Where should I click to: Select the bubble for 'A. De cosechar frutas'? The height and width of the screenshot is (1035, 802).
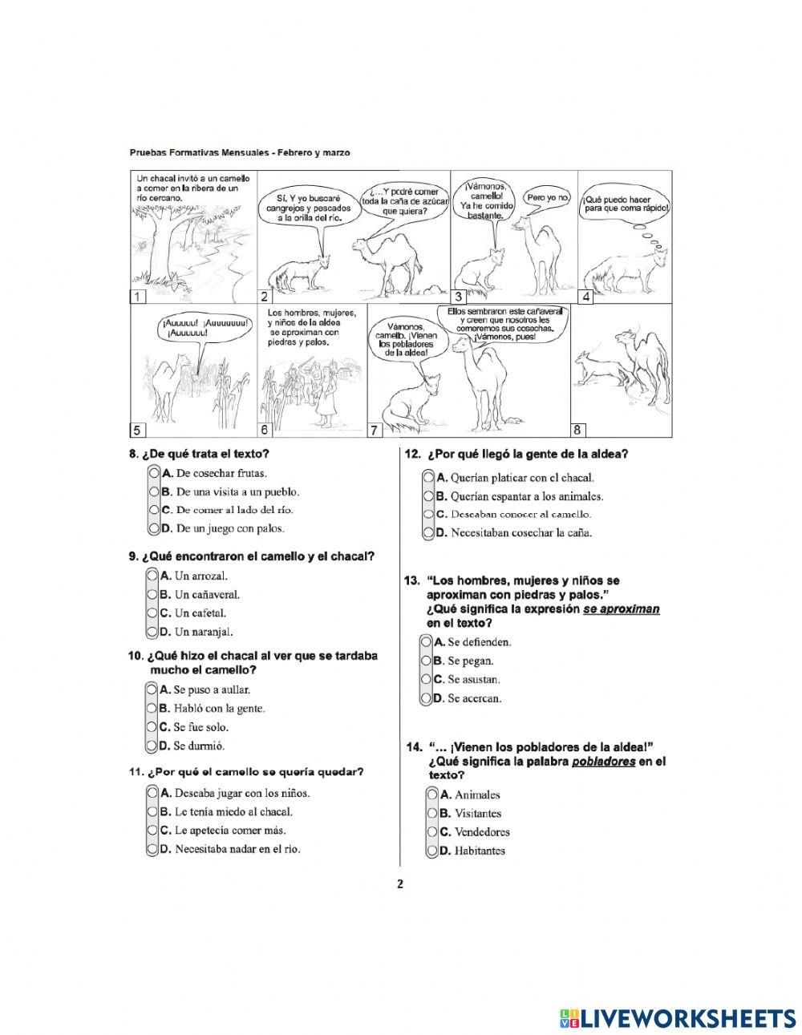pyautogui.click(x=153, y=474)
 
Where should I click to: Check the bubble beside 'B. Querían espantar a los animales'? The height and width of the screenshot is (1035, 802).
pyautogui.click(x=427, y=496)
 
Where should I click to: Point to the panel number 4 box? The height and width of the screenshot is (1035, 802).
pyautogui.click(x=586, y=297)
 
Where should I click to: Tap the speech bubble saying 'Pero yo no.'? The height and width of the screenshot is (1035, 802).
pyautogui.click(x=547, y=197)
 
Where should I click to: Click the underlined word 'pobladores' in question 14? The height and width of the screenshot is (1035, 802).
pyautogui.click(x=603, y=762)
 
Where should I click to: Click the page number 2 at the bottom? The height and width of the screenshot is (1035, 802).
pyautogui.click(x=400, y=885)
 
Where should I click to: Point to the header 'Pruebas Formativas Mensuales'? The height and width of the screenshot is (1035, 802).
pyautogui.click(x=201, y=152)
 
